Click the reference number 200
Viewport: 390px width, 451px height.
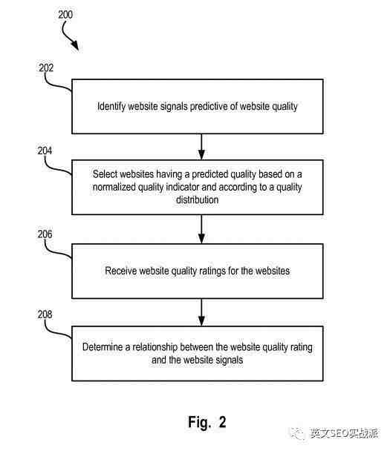(x=65, y=14)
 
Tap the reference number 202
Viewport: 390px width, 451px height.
(x=46, y=68)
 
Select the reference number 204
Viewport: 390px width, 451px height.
(x=45, y=151)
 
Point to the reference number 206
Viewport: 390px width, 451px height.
(x=45, y=234)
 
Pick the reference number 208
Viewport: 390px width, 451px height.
(x=45, y=315)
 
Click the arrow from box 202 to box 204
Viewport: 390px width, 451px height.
(x=201, y=147)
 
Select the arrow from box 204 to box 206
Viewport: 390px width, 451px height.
(x=201, y=229)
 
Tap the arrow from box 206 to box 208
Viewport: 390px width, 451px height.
(x=201, y=312)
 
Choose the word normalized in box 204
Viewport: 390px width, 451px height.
(x=114, y=187)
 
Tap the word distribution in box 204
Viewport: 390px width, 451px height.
(x=198, y=200)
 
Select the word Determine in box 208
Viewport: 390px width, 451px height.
(x=103, y=347)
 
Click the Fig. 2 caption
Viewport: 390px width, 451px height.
(x=207, y=422)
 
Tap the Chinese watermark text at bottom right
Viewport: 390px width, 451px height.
(x=344, y=433)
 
